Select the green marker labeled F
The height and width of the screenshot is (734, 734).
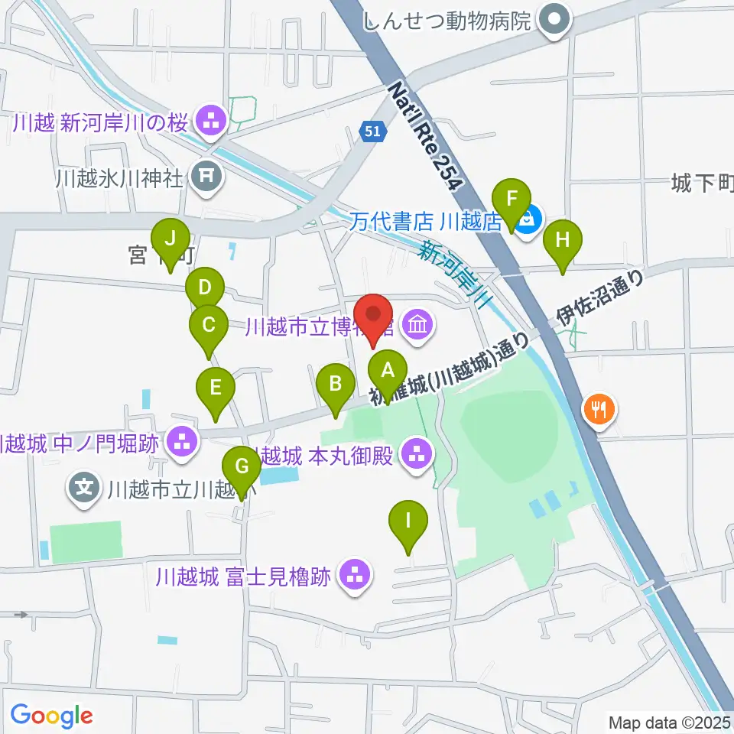513,199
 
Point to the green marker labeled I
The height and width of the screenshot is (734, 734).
408,522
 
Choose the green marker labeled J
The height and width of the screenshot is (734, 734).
170,239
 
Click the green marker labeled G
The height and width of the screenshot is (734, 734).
242,466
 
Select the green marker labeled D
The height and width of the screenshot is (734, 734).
204,289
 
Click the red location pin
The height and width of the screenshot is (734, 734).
374,316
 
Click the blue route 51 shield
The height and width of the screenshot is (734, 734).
371,132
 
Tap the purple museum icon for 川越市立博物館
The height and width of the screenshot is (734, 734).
417,326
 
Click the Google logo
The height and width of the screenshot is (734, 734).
51,716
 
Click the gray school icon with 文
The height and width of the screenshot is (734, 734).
84,486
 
